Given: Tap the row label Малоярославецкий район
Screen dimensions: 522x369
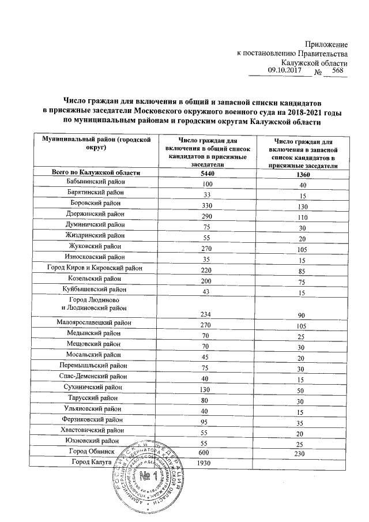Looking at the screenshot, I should (x=95, y=323).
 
